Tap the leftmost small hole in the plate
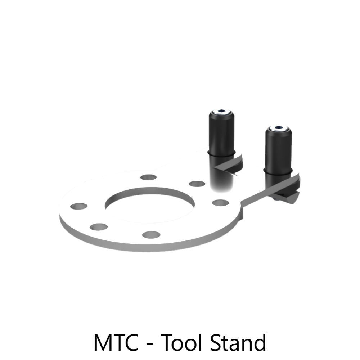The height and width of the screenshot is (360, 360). click(79, 206)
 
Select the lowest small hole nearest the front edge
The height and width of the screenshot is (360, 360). click(151, 235)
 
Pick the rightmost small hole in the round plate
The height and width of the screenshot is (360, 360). click(220, 203)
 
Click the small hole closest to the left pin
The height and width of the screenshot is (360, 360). click(197, 184)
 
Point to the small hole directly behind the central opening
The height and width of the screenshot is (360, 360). click(149, 177)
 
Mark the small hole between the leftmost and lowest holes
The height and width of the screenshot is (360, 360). click(99, 227)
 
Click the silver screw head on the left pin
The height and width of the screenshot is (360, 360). click(221, 112)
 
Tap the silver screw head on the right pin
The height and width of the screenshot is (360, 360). click(279, 129)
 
